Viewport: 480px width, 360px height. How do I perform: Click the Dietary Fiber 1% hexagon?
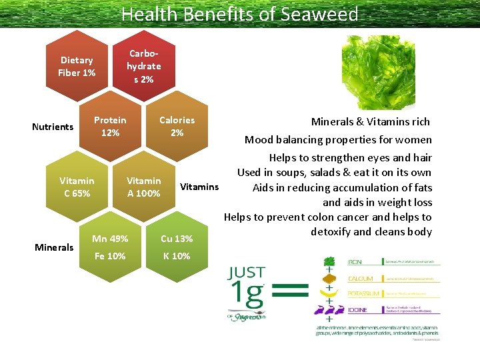pos(77,67)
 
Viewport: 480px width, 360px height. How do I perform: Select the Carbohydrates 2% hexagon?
pos(143,67)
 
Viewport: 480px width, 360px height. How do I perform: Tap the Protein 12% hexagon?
pos(110,127)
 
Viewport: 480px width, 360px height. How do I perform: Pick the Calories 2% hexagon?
pos(177,127)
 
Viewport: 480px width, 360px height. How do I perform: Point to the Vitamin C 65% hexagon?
pos(77,187)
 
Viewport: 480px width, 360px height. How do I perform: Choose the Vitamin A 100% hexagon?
pos(143,187)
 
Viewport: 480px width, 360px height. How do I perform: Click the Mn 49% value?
pos(110,239)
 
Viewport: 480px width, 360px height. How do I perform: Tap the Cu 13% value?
pos(177,239)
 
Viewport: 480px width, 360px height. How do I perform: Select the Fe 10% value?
pos(110,256)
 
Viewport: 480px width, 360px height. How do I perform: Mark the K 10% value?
pos(177,256)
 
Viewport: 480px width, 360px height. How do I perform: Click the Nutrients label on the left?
pos(53,127)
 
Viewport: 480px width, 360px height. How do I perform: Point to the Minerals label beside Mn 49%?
pos(54,247)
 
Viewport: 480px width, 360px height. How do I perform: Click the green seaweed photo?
pos(377,71)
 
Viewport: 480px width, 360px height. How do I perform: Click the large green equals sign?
pos(290,289)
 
